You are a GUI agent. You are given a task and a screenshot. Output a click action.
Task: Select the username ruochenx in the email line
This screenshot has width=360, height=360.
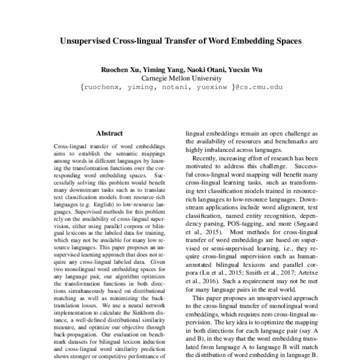pos(101,87)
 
